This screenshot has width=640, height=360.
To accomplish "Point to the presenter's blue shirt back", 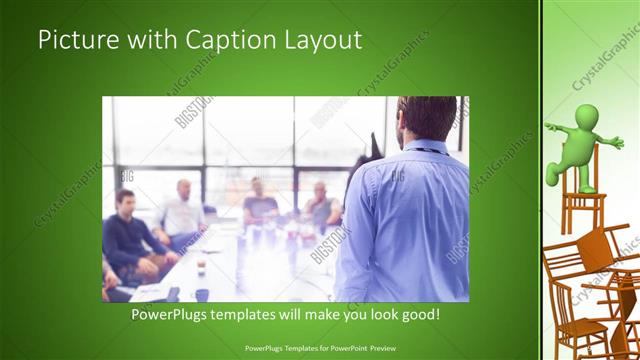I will [405, 215].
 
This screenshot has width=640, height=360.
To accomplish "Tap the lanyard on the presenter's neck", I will [425, 151].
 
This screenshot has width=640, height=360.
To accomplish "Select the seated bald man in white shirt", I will [181, 212].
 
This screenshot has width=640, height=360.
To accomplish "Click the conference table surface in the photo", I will [250, 265].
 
